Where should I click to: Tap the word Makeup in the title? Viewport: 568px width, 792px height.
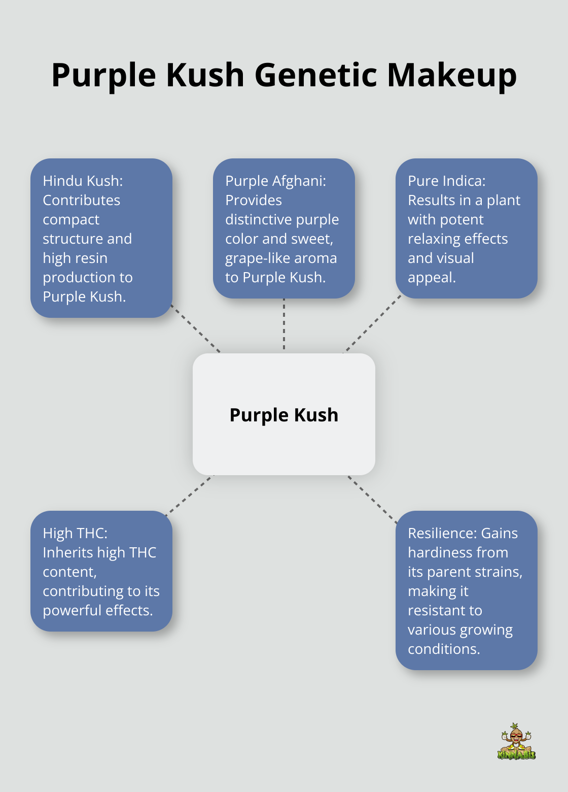452,75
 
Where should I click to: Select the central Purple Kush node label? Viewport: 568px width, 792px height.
283,415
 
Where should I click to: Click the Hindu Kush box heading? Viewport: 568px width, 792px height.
83,181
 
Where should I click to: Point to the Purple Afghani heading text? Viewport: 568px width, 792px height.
275,181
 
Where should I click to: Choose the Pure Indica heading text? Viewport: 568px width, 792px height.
446,181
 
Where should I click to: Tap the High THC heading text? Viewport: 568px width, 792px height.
75,533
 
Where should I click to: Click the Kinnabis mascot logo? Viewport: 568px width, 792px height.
516,742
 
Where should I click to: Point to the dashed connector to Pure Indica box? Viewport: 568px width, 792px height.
372,325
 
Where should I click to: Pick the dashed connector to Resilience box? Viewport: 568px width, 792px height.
372,498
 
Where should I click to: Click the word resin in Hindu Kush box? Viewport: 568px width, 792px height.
92,258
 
